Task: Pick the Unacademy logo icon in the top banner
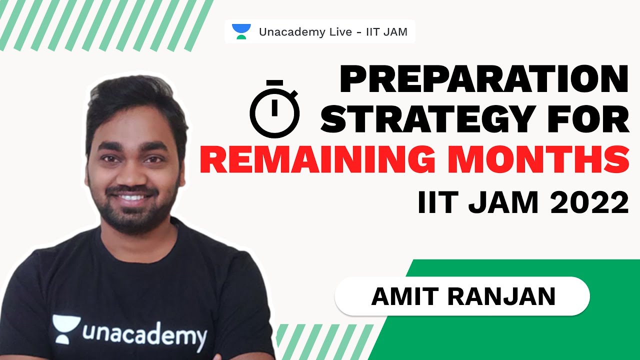(x=241, y=32)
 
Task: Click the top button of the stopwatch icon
(x=274, y=82)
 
